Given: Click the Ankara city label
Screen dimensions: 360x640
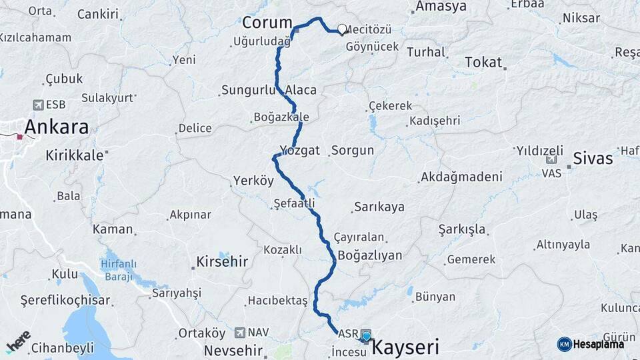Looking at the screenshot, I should click(x=57, y=127).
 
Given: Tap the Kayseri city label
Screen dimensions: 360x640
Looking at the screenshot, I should click(x=405, y=347).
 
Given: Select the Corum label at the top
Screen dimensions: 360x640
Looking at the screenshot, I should click(x=267, y=23).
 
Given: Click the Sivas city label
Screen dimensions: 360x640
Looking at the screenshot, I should click(x=593, y=159).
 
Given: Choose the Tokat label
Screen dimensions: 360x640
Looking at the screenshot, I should click(x=483, y=62).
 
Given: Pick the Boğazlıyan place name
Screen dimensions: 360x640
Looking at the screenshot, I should click(x=370, y=255).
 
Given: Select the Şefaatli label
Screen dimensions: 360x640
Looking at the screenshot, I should click(x=294, y=203).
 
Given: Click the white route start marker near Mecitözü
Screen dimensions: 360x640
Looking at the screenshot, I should click(x=342, y=29).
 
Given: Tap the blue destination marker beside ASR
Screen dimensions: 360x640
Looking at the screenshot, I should click(x=366, y=337).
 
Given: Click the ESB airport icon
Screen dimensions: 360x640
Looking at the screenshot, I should click(x=38, y=105).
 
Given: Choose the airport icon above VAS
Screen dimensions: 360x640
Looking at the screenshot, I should click(x=551, y=160).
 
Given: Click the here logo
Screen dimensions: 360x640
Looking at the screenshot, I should click(x=19, y=342).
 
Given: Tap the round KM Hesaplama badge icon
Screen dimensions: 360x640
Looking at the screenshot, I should click(x=564, y=344).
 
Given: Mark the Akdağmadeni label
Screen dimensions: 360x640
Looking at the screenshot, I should click(x=461, y=177).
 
